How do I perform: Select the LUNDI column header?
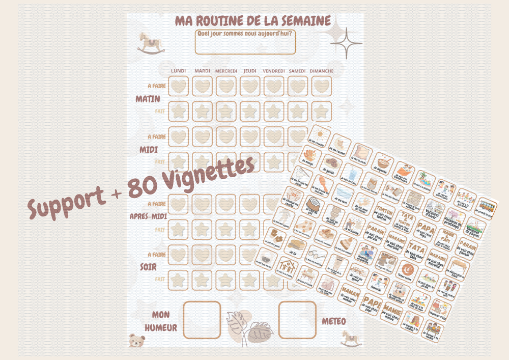point(179,71)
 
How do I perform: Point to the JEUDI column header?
point(250,71)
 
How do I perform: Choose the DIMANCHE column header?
point(321,71)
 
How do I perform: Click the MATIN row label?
point(148,99)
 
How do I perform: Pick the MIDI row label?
point(149,150)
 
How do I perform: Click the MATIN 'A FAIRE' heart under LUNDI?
point(179,86)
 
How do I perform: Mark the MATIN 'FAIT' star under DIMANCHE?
point(321,111)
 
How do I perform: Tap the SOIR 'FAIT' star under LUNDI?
point(179,280)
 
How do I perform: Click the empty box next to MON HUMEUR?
point(202,320)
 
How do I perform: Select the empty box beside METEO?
point(297,320)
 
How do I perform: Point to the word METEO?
point(334,321)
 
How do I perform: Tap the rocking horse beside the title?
point(148,43)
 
